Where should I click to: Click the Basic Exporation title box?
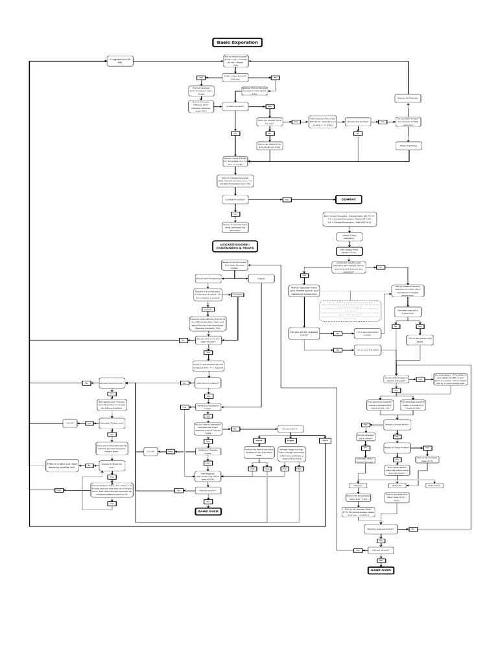236,43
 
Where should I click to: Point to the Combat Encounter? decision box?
236,199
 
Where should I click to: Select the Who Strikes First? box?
349,249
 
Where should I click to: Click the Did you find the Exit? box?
357,121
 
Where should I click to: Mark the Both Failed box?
433,484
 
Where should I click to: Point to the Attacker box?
356,484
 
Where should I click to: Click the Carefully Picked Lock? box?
111,422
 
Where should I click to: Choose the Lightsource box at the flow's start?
120,61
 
